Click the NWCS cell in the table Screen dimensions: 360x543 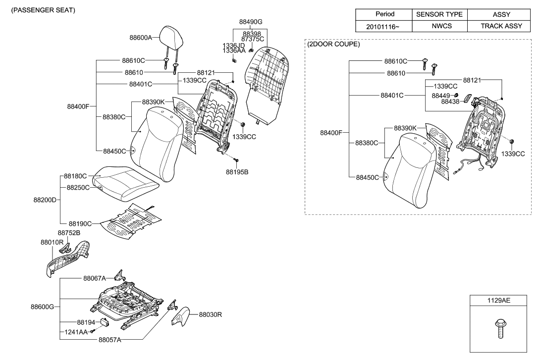point(439,26)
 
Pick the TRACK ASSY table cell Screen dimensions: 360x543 point(501,26)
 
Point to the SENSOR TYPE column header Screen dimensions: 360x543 point(439,15)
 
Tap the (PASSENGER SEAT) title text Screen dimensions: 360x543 point(40,10)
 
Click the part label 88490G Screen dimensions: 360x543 point(251,22)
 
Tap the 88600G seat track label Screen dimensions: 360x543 point(42,307)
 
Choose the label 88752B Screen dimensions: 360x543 point(69,233)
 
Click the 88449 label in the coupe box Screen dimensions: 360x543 point(441,95)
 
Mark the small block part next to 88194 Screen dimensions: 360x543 point(105,321)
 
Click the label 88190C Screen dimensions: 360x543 point(80,223)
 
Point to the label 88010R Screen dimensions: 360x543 point(52,242)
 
